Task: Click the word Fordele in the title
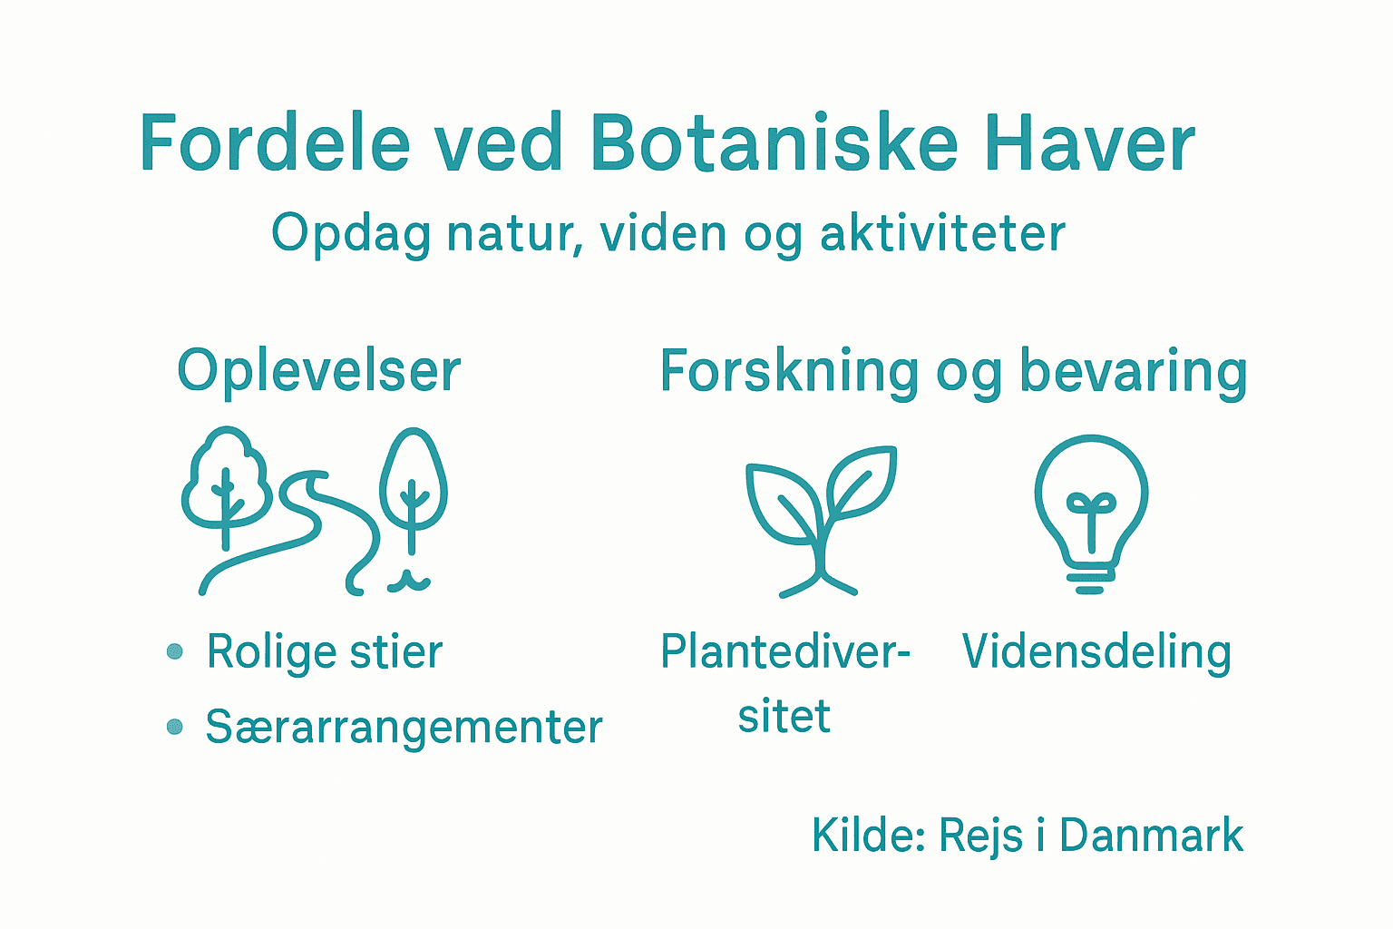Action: pyautogui.click(x=275, y=143)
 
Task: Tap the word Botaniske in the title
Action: pyautogui.click(x=774, y=143)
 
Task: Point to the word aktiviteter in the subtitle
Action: pyautogui.click(x=942, y=233)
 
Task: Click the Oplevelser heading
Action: pyautogui.click(x=318, y=372)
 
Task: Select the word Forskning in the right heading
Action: pyautogui.click(x=789, y=372)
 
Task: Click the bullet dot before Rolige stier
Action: pyautogui.click(x=175, y=651)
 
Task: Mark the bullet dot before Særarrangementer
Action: pyautogui.click(x=175, y=727)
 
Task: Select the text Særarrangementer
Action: pyautogui.click(x=404, y=728)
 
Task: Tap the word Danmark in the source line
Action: pyautogui.click(x=1151, y=836)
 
